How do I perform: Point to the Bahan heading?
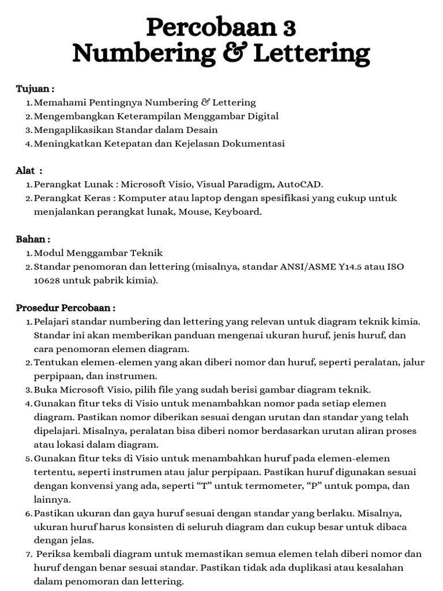click(x=33, y=239)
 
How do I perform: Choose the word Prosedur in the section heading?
click(x=39, y=308)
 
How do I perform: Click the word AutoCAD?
click(x=300, y=185)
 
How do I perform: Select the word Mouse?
click(x=193, y=212)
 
